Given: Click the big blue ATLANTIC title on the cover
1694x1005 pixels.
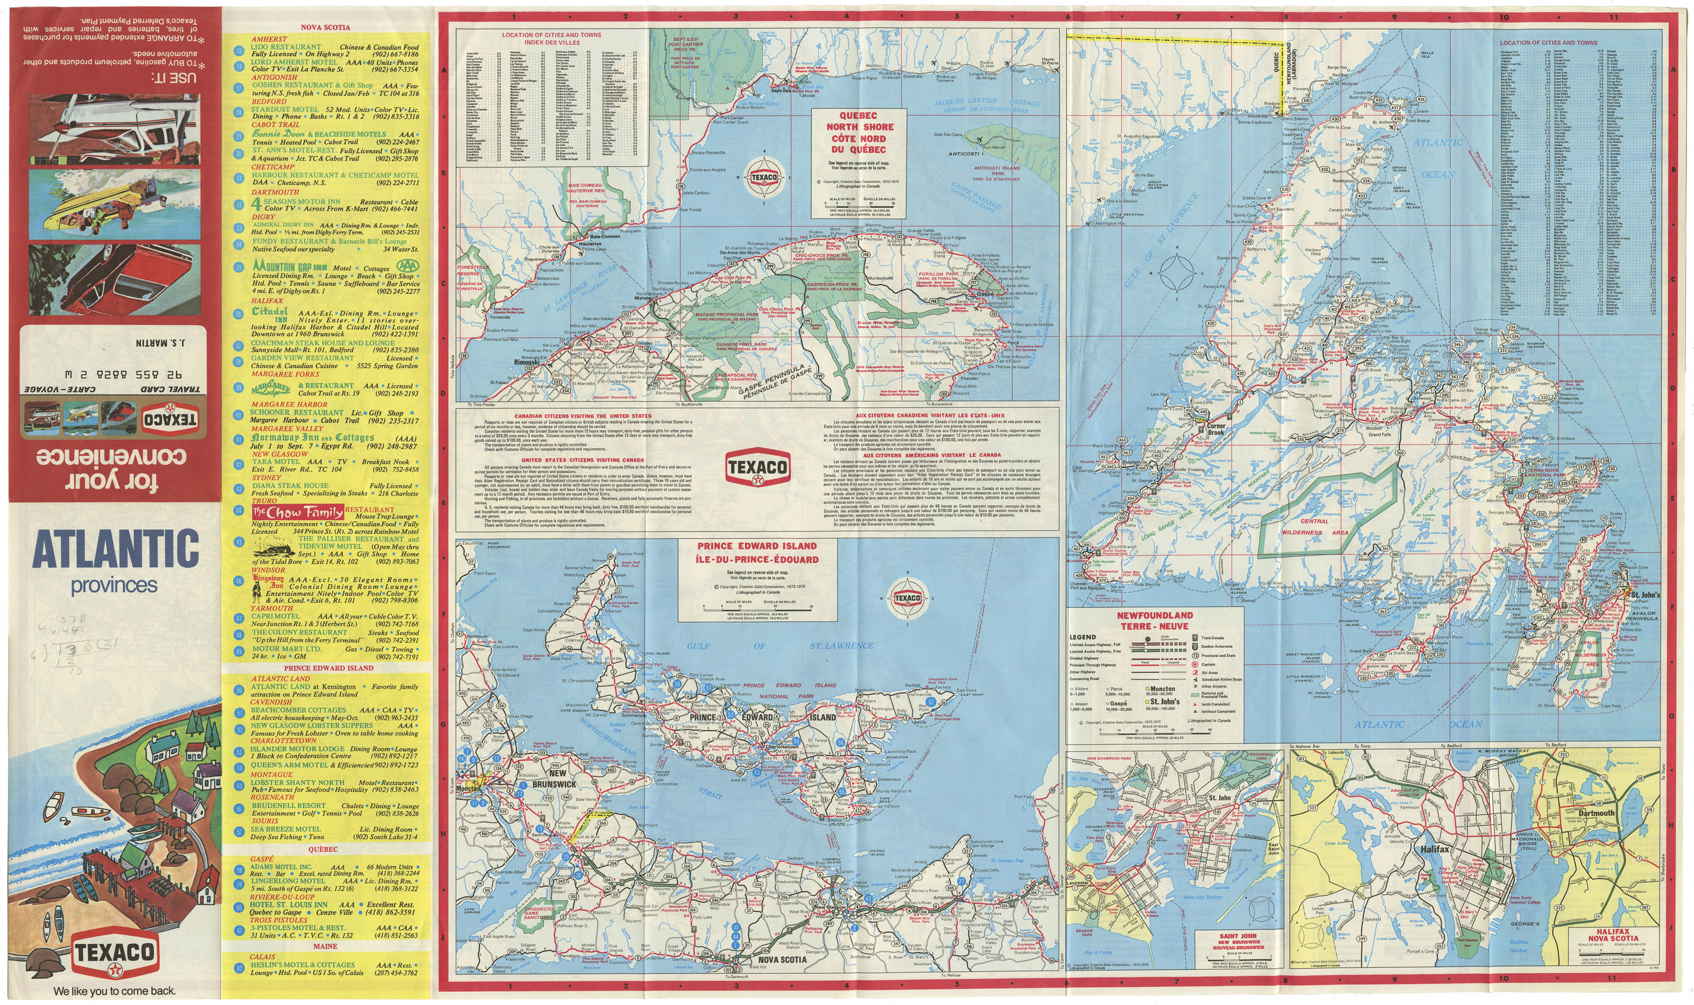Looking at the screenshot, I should coord(115,549).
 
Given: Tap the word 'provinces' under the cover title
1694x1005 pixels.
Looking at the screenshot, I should coord(114,585).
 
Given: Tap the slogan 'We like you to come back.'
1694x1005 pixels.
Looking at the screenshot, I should coord(114,991).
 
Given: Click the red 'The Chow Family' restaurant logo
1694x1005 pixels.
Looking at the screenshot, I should coord(298,512).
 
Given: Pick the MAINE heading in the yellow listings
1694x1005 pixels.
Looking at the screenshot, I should coord(325,946).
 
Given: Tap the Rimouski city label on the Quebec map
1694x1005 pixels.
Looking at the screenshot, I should coord(527,362).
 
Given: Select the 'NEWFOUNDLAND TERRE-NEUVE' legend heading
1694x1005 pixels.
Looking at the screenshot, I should coord(1155,620).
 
